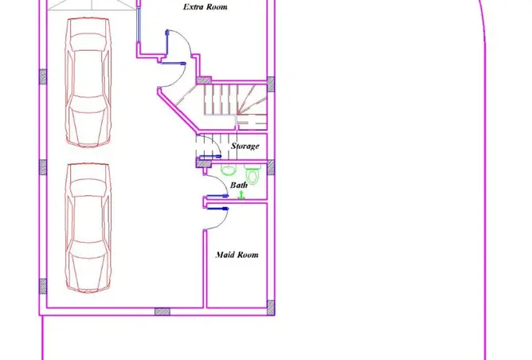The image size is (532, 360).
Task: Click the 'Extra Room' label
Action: coord(205,7)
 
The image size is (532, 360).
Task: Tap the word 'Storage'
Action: coord(245,146)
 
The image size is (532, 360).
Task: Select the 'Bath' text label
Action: coord(239,185)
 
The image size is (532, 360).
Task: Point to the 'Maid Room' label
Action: coord(237,255)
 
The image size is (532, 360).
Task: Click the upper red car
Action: coord(88,82)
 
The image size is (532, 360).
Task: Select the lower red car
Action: coord(88,227)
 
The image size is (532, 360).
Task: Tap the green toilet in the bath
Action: coord(252,174)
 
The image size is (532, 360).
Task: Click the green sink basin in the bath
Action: coord(229,170)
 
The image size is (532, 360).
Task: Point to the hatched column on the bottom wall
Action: coord(162,311)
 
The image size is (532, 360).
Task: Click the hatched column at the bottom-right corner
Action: coord(271,307)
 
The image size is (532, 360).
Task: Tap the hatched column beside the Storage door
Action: coord(204,163)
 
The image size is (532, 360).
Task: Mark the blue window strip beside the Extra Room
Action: coord(139,25)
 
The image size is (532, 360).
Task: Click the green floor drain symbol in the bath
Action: coord(241,195)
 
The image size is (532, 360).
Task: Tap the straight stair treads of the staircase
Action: coord(221,100)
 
